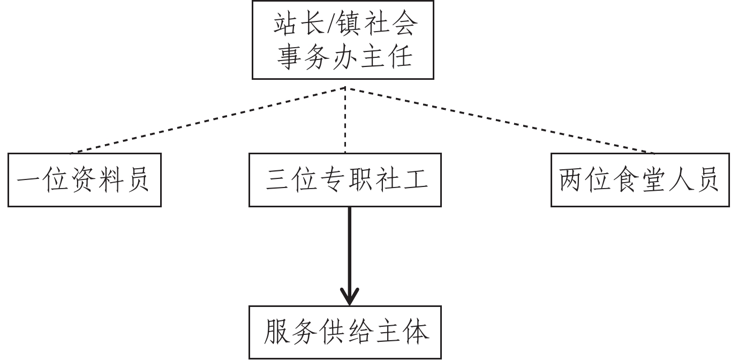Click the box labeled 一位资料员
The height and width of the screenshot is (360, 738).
coord(84,180)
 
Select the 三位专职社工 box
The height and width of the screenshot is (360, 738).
coord(345,180)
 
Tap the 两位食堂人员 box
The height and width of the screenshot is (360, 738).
coord(640,180)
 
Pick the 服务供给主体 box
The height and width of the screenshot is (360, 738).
coord(345,333)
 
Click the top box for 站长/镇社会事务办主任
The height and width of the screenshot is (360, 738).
coord(343,40)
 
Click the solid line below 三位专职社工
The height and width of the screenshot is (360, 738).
coord(350,246)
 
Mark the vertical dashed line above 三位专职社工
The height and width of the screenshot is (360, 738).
coord(345,121)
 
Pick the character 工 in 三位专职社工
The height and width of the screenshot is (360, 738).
coord(415,181)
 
